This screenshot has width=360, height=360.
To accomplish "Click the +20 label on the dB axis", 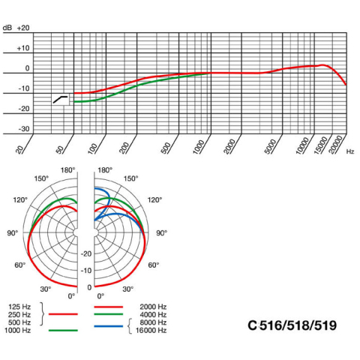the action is [23, 28].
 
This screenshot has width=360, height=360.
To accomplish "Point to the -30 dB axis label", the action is [24, 129].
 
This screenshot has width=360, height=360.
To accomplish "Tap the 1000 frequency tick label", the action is [199, 146].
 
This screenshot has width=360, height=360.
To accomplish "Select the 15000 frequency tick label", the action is [321, 145].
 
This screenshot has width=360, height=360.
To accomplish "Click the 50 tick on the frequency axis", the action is [60, 149].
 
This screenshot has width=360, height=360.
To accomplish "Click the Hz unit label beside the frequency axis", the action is [350, 151].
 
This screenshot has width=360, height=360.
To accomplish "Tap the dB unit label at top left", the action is [7, 28].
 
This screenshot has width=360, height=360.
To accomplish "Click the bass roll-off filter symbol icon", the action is [61, 99].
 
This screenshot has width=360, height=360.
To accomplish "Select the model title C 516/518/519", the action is [292, 325].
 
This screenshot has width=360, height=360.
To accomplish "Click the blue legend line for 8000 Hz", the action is [109, 326].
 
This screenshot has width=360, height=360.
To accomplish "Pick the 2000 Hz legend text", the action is [153, 307].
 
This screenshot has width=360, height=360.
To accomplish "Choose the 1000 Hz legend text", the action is [17, 331].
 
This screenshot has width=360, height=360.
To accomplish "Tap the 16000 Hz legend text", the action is [151, 331].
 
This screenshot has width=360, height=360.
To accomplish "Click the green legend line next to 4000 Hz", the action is [109, 314].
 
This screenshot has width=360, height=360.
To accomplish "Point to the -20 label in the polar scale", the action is [86, 253].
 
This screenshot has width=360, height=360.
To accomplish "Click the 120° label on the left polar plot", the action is [20, 200].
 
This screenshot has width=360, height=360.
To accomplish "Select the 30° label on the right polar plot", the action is [127, 289].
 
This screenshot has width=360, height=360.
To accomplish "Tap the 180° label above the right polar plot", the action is [105, 170].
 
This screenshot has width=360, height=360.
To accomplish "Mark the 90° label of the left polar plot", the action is [13, 233].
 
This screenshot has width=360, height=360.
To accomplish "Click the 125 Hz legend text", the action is [19, 307].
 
